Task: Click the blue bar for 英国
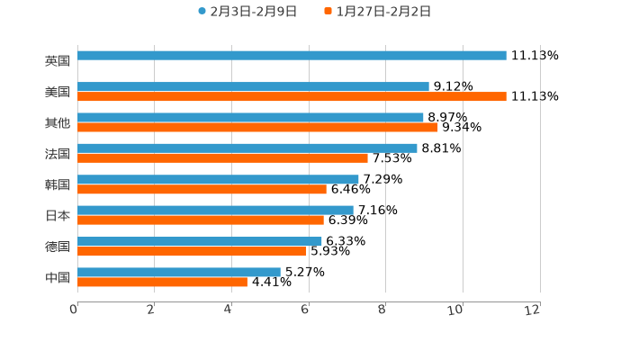coord(292,56)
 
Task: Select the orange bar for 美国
coord(292,96)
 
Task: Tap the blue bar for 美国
coord(253,86)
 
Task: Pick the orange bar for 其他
coord(257,127)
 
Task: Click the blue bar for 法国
coord(247,148)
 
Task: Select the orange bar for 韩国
coord(202,189)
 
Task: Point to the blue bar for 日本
coord(215,210)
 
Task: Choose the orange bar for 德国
coord(192,251)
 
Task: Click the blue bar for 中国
coord(179,272)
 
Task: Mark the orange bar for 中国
coord(162,282)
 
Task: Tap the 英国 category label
coord(58,61)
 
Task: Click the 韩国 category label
coord(58,184)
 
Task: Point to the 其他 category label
coord(58,122)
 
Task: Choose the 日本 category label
coord(58,215)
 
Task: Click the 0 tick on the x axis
coord(74,310)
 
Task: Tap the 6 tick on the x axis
coord(305,310)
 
